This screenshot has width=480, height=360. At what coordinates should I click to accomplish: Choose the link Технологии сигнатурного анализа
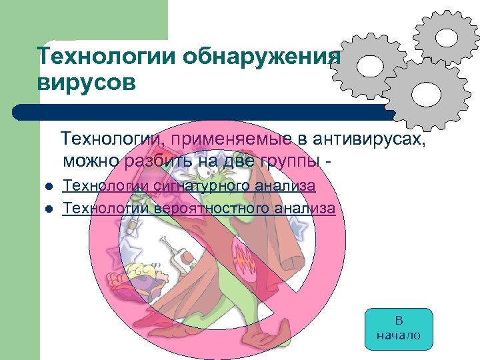coord(189,186)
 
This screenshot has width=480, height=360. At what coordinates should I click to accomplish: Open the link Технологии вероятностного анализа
coord(199,208)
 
